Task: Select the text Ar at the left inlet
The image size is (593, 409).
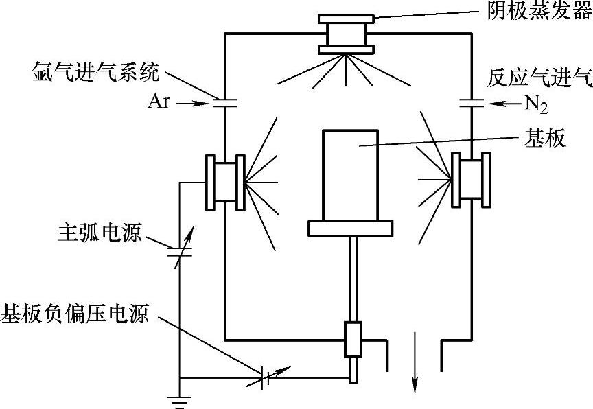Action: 159,103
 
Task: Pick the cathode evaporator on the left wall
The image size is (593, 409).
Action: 226,181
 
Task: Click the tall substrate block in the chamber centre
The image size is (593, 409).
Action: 349,174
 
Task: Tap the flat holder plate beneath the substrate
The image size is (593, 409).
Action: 350,229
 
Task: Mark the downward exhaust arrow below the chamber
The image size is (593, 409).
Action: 415,364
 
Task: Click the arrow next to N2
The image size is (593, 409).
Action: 504,104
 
